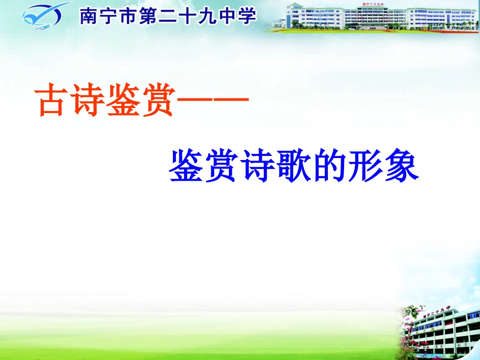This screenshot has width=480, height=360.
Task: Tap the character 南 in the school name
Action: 89,17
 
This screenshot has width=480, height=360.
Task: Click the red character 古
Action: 53,101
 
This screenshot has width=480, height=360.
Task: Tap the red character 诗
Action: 86,101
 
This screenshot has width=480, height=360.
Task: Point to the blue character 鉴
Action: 185,165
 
